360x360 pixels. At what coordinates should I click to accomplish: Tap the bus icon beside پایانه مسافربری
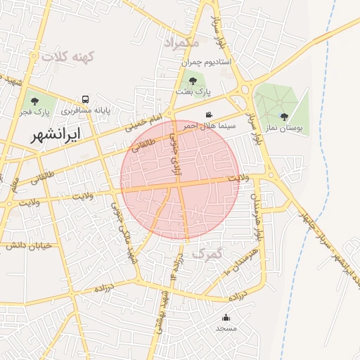pyautogui.click(x=85, y=99)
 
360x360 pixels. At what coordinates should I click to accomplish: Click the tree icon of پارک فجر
pyautogui.click(x=34, y=101)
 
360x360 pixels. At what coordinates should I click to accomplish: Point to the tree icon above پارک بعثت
pyautogui.click(x=193, y=80)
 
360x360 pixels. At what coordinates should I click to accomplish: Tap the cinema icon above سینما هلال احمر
pyautogui.click(x=209, y=115)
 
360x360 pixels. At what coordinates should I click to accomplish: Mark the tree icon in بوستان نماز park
pyautogui.click(x=284, y=117)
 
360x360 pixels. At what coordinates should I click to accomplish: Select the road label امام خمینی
pyautogui.click(x=143, y=123)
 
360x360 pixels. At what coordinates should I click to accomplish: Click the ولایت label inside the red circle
pyautogui.click(x=238, y=179)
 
